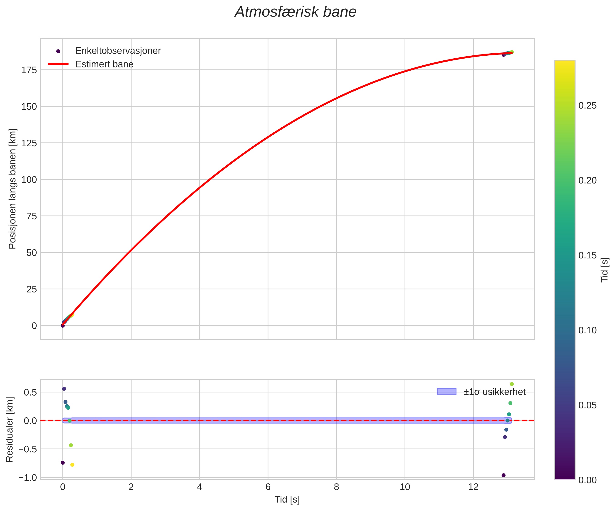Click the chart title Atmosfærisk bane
[295, 12]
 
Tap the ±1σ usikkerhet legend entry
[494, 392]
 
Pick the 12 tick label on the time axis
[473, 487]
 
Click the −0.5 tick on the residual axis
[28, 449]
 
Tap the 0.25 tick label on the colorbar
[588, 106]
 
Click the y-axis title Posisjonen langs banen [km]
[12, 189]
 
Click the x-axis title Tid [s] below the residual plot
[287, 500]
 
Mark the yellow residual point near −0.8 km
[72, 465]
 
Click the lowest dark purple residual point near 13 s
[503, 475]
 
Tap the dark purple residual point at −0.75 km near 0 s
[63, 463]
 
